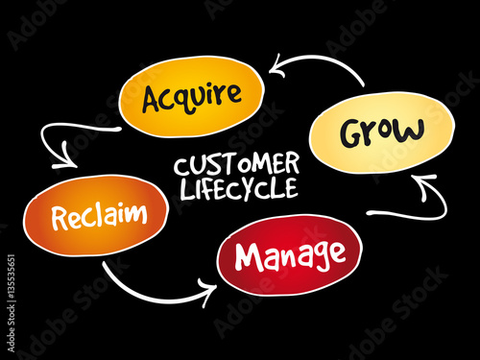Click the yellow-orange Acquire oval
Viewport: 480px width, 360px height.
tap(190, 97)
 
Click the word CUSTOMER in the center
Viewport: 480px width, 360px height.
tap(236, 165)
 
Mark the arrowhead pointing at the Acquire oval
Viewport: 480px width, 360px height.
tap(277, 66)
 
